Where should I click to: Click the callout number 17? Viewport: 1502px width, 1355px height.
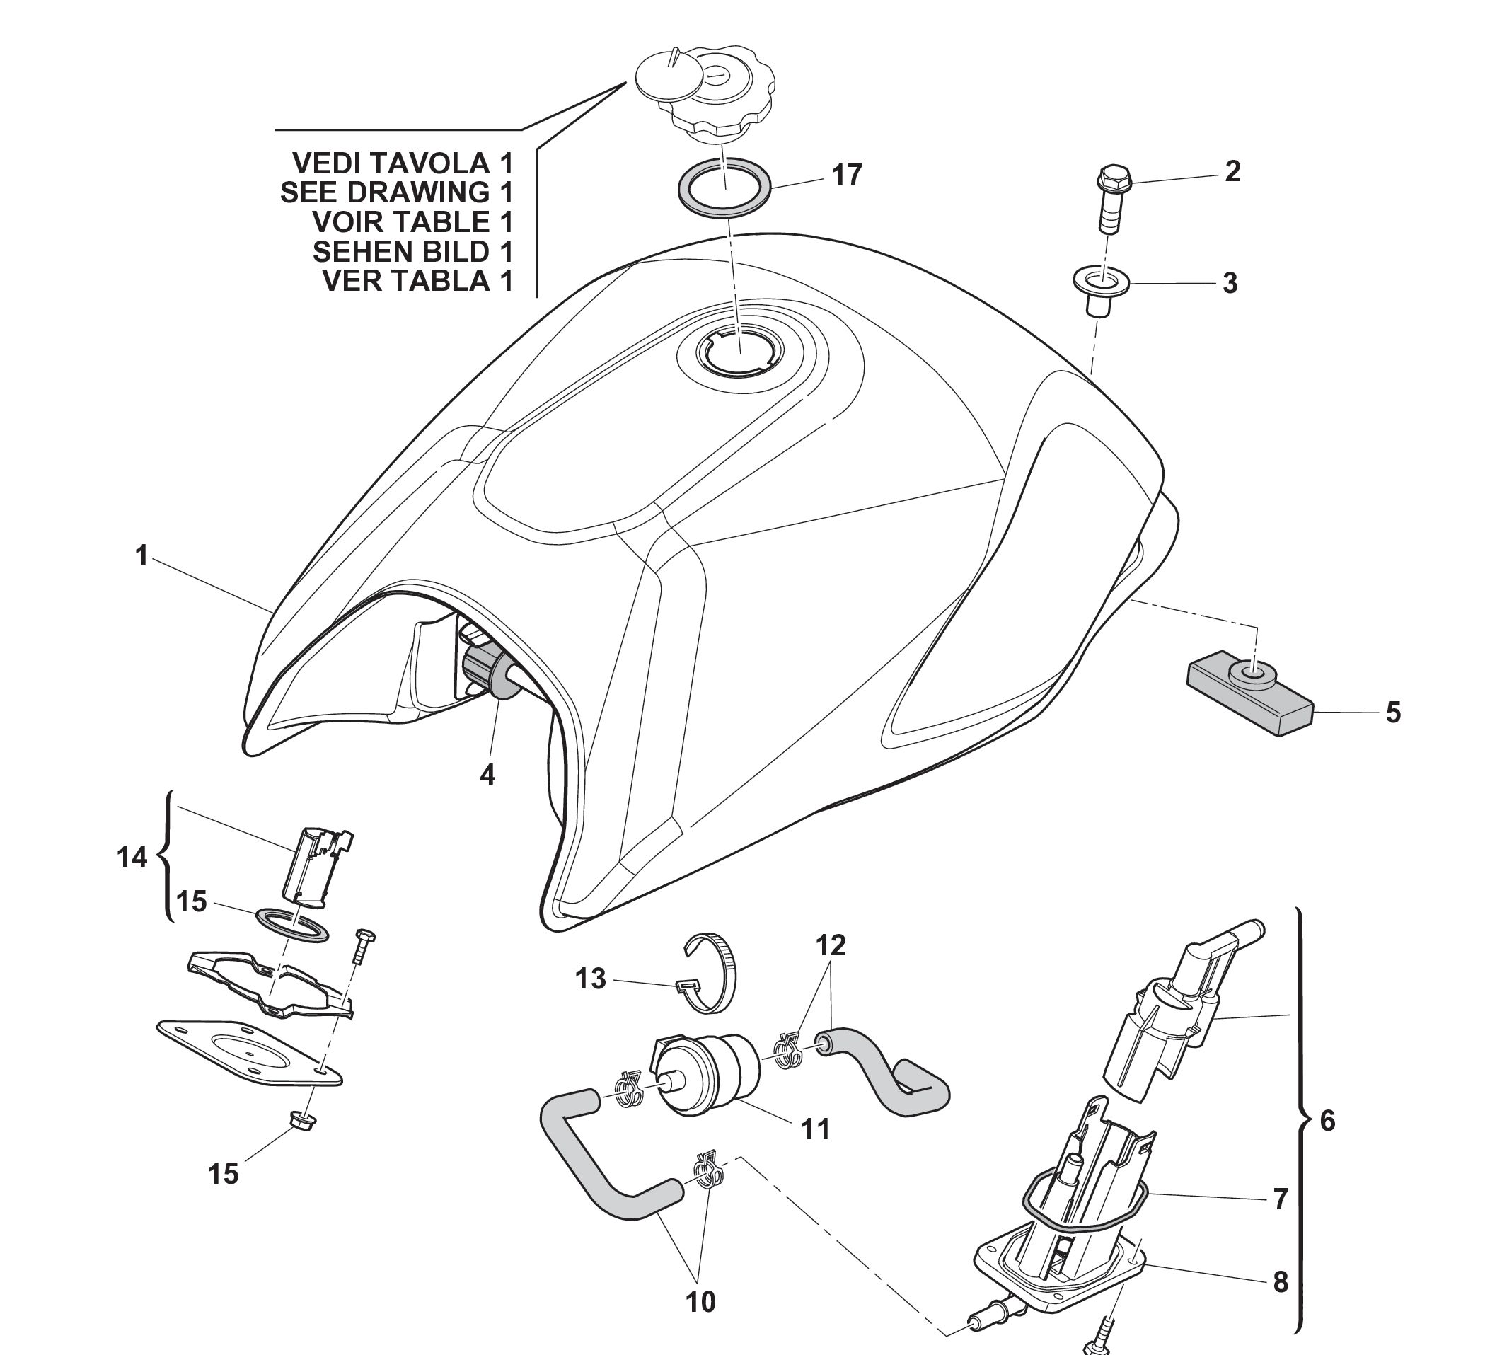pyautogui.click(x=847, y=175)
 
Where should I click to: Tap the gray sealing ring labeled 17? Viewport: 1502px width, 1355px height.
pyautogui.click(x=724, y=188)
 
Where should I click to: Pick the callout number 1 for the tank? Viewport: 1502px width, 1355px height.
pyautogui.click(x=141, y=555)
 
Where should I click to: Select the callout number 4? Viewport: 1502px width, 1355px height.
pyautogui.click(x=487, y=775)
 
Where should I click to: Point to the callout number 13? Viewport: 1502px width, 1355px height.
pyautogui.click(x=591, y=979)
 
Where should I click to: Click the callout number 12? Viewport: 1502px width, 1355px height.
pyautogui.click(x=831, y=945)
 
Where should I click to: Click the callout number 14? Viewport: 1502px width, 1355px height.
pyautogui.click(x=132, y=858)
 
